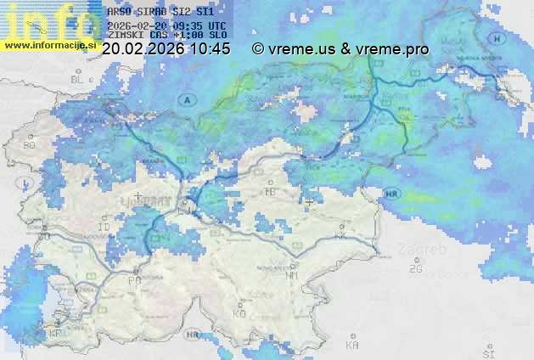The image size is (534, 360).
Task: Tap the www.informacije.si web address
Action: coord(49,45)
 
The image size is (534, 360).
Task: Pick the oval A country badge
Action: coord(186,99)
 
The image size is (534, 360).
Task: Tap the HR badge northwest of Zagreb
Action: coord(391,194)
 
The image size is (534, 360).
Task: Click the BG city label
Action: coord(30,145)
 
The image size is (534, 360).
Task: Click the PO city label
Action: coord(133,279)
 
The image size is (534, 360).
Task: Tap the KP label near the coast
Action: coord(56,334)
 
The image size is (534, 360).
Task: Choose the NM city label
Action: coord(292,275)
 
